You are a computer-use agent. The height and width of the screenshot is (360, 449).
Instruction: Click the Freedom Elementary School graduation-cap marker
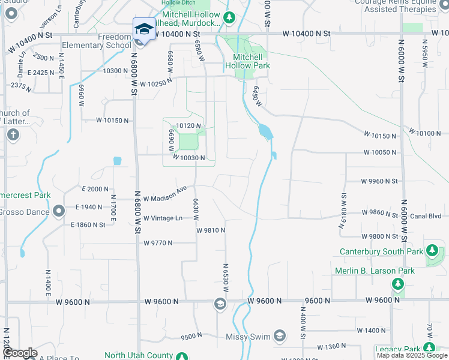[143, 30]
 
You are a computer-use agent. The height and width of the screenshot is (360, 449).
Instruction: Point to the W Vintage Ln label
[163, 218]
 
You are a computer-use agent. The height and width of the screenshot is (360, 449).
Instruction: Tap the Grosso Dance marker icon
[59, 211]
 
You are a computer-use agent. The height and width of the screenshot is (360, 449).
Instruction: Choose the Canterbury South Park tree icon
[432, 251]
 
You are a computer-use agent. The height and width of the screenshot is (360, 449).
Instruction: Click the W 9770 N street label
[158, 243]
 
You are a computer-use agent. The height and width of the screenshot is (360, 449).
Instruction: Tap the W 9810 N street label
[211, 230]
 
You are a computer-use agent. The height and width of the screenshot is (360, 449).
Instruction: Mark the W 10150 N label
[113, 121]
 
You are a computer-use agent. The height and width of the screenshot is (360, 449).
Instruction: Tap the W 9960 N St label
[379, 181]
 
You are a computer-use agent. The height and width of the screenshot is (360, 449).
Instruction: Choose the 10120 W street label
[187, 125]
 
